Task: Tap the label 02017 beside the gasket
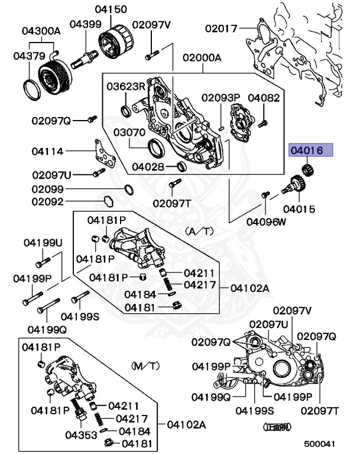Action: (221, 28)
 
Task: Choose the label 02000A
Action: (202, 58)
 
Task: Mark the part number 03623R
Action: (126, 86)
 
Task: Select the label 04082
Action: (264, 98)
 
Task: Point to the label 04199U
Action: (43, 243)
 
